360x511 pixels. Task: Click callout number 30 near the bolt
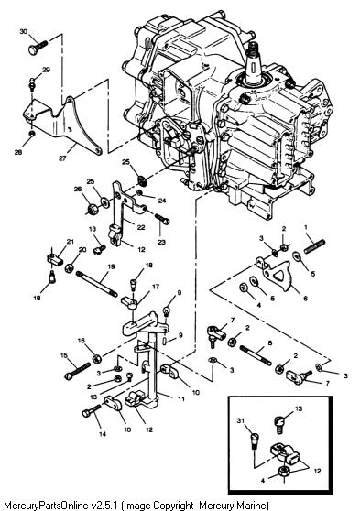pos(24,32)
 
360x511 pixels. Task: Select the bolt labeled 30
pos(38,48)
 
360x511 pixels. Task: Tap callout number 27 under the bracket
pos(62,158)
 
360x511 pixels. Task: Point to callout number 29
pos(47,70)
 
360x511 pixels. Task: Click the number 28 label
pos(18,152)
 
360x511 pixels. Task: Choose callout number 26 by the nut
pos(78,189)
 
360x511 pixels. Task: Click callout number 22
pos(141,227)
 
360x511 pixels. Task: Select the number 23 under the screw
pos(162,242)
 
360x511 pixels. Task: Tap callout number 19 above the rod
pos(111,266)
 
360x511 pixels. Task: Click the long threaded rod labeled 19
pos(97,284)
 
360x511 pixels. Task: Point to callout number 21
pos(71,242)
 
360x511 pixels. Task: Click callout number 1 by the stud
pos(306,227)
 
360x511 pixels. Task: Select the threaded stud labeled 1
pos(315,246)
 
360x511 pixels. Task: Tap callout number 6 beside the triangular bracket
pos(305,298)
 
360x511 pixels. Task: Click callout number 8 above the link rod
pos(269,342)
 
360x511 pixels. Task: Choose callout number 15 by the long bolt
pos(64,355)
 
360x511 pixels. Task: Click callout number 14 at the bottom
pos(103,434)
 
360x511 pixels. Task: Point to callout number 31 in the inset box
pos(241,421)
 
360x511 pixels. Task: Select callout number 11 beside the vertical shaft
pos(181,398)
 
